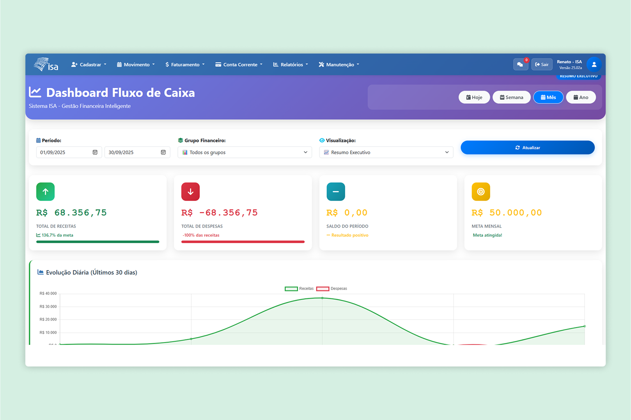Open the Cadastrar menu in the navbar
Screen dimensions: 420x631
coord(89,65)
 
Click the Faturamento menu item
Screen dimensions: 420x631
coord(185,65)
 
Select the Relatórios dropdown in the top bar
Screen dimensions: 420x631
coord(291,65)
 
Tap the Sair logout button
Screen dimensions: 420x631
coord(542,64)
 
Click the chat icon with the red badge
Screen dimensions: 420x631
coord(520,64)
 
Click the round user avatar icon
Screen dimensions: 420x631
coord(594,64)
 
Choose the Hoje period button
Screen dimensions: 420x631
coord(474,97)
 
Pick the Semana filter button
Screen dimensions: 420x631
coord(511,97)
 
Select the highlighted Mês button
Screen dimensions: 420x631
coord(548,97)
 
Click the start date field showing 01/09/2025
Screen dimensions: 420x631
coord(64,152)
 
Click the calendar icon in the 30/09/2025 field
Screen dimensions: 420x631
coord(163,152)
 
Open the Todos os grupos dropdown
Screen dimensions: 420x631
coord(244,152)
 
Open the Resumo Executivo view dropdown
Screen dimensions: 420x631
coord(386,152)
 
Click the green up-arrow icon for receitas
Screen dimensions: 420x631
coord(45,192)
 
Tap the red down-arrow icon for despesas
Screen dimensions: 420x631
coord(190,192)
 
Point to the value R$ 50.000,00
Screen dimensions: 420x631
coord(507,212)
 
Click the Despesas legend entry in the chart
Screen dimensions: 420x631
coord(332,289)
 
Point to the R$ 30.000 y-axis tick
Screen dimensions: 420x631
coord(48,306)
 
